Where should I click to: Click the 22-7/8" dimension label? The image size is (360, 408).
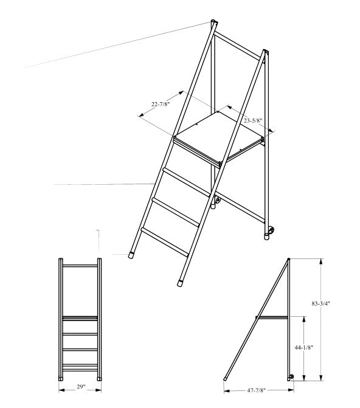(x=161, y=105)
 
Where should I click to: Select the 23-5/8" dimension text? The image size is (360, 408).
(x=253, y=120)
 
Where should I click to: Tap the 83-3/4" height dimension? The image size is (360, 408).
(x=320, y=303)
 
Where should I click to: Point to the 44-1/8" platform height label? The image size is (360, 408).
(x=303, y=347)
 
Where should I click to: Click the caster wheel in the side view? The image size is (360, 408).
(x=291, y=376)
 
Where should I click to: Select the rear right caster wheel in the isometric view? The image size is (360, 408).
(x=271, y=230)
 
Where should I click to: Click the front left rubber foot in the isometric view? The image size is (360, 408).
(x=132, y=255)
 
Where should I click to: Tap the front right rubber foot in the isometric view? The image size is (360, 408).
(x=180, y=283)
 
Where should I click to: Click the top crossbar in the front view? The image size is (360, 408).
(x=80, y=266)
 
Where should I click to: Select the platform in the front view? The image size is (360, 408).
(x=80, y=318)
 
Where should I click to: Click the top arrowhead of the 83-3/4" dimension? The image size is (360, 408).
(x=322, y=261)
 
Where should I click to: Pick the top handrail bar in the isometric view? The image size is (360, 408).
(x=238, y=45)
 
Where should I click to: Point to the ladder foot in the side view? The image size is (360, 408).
(x=225, y=379)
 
